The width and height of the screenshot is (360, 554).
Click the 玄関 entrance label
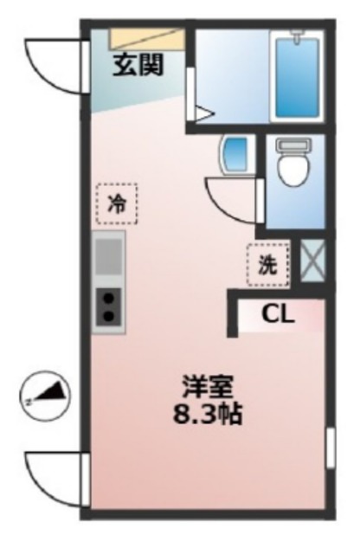point(138,65)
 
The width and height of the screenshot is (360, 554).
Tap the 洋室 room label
point(208,387)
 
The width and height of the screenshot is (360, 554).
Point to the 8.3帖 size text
point(208,413)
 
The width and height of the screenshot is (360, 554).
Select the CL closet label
point(278,313)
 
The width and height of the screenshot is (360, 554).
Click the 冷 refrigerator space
point(117,203)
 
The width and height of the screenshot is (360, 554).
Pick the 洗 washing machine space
point(268,265)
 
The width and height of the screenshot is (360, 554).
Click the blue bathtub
point(297,78)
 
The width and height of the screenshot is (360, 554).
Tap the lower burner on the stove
point(110,315)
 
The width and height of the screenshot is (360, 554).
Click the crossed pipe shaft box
point(312,261)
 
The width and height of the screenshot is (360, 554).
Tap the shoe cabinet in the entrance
point(147,38)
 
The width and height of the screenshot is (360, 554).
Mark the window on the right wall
point(331,448)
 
